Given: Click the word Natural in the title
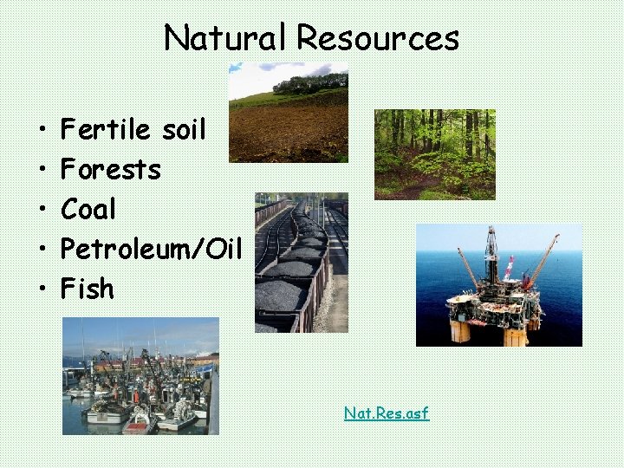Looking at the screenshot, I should [226, 38].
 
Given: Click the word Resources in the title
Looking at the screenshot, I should [378, 38].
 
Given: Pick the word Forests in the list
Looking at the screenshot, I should [111, 170].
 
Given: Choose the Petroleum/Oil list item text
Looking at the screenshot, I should [151, 249].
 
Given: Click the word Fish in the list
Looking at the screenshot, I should [88, 288].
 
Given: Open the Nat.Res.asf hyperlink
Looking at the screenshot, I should [387, 413].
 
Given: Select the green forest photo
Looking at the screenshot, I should [434, 154].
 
